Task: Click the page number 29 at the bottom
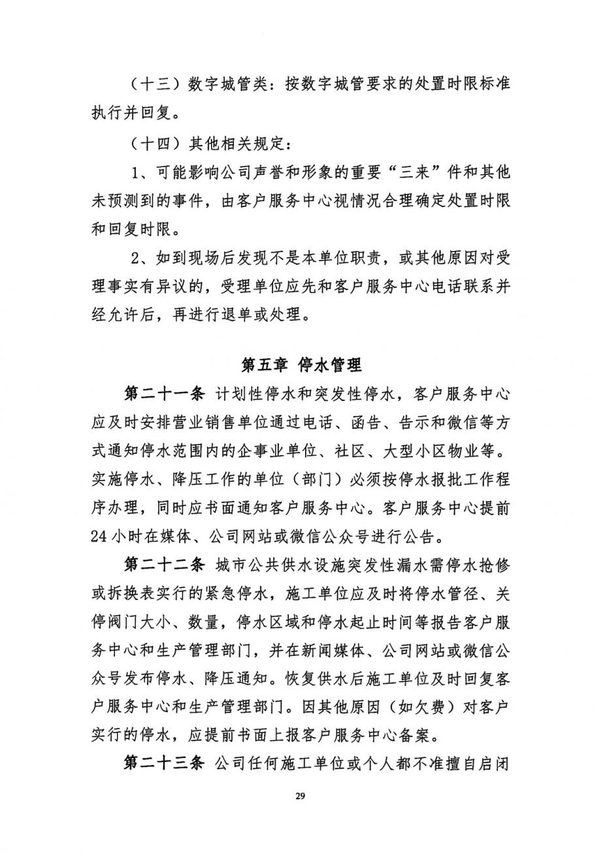[300, 796]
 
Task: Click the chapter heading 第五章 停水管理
[300, 364]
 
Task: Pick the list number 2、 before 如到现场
[140, 258]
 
